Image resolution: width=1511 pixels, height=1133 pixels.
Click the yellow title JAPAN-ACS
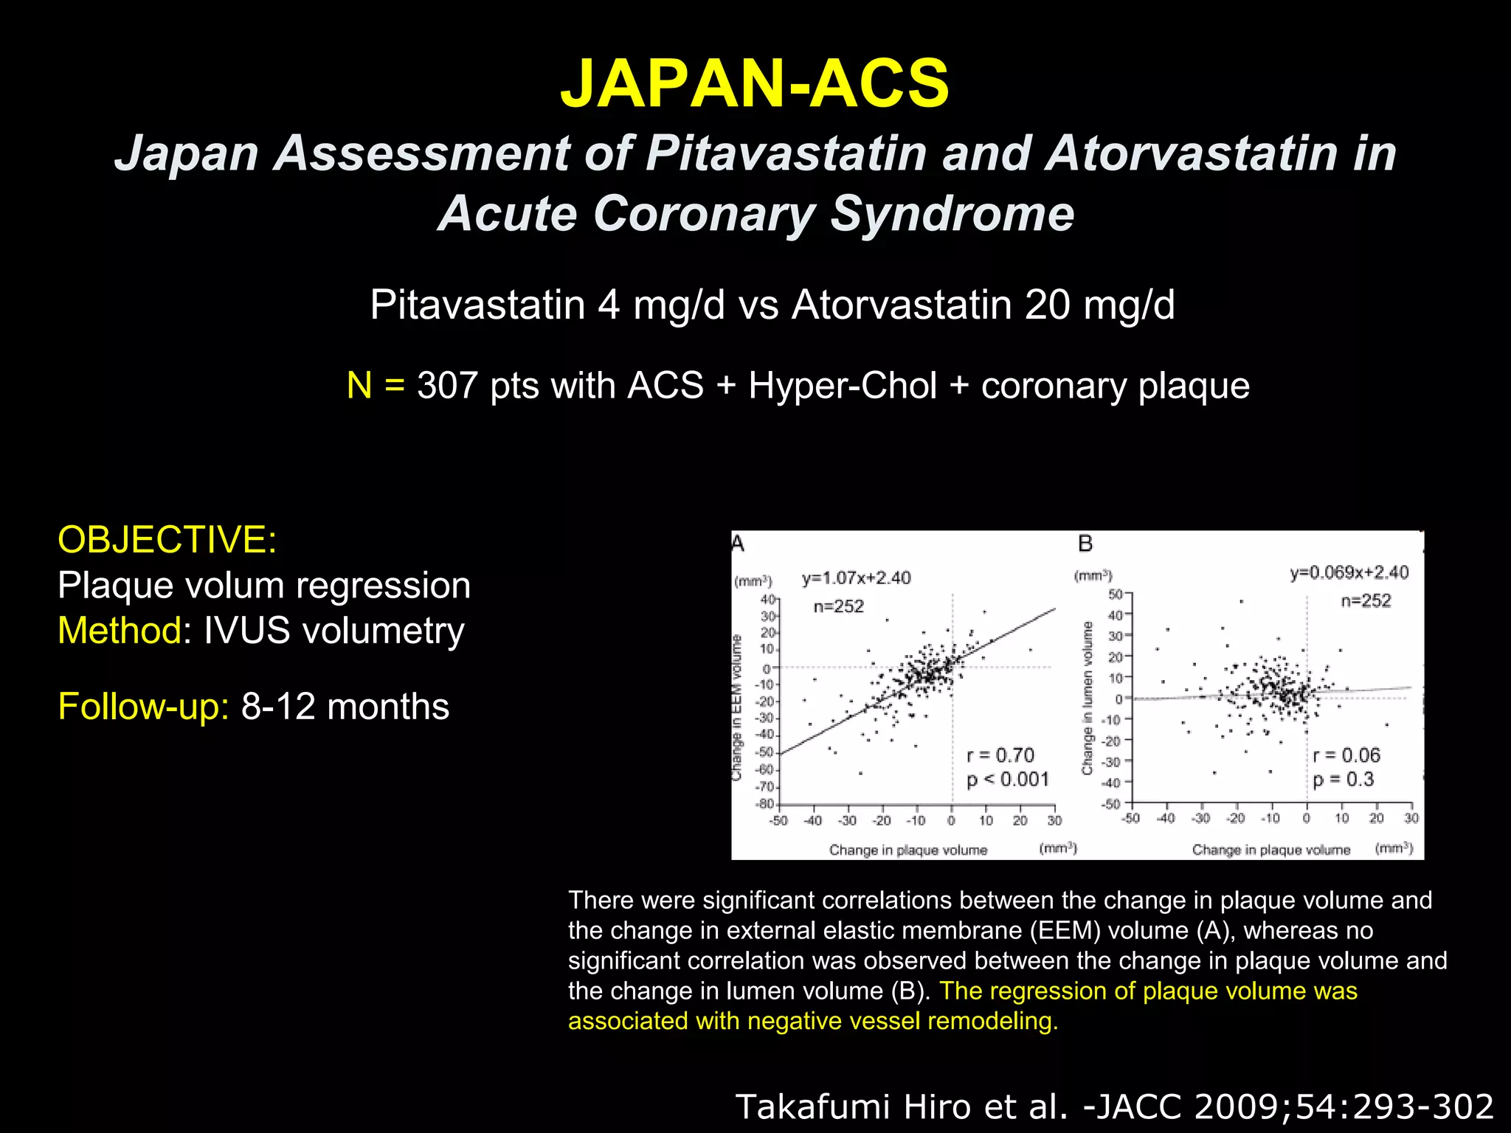coord(755,83)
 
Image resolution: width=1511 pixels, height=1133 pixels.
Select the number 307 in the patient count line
coord(447,386)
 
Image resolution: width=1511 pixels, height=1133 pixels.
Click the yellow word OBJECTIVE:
coord(167,539)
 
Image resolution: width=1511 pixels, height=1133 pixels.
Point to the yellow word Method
coord(120,631)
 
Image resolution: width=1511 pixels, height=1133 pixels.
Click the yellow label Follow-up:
coord(144,707)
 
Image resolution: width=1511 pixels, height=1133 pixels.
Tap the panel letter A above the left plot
coord(738,544)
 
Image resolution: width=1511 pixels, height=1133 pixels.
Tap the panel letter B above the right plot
coord(1085,544)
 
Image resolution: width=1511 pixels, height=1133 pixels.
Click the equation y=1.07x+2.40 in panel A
coord(856,578)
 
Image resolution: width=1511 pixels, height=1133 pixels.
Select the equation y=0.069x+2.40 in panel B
coord(1349,573)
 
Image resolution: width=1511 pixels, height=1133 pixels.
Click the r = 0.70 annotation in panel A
coord(1000,755)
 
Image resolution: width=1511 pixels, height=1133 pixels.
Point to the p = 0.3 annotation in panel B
coord(1343,780)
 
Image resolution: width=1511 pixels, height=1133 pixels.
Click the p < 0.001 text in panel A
coord(1008,780)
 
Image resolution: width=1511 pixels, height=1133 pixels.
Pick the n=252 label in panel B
coord(1366,601)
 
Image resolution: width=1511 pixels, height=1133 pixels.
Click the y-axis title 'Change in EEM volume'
coord(736,707)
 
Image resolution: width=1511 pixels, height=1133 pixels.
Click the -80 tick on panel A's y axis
coord(765,804)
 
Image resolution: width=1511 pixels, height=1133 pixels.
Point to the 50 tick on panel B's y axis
coord(1115,595)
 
